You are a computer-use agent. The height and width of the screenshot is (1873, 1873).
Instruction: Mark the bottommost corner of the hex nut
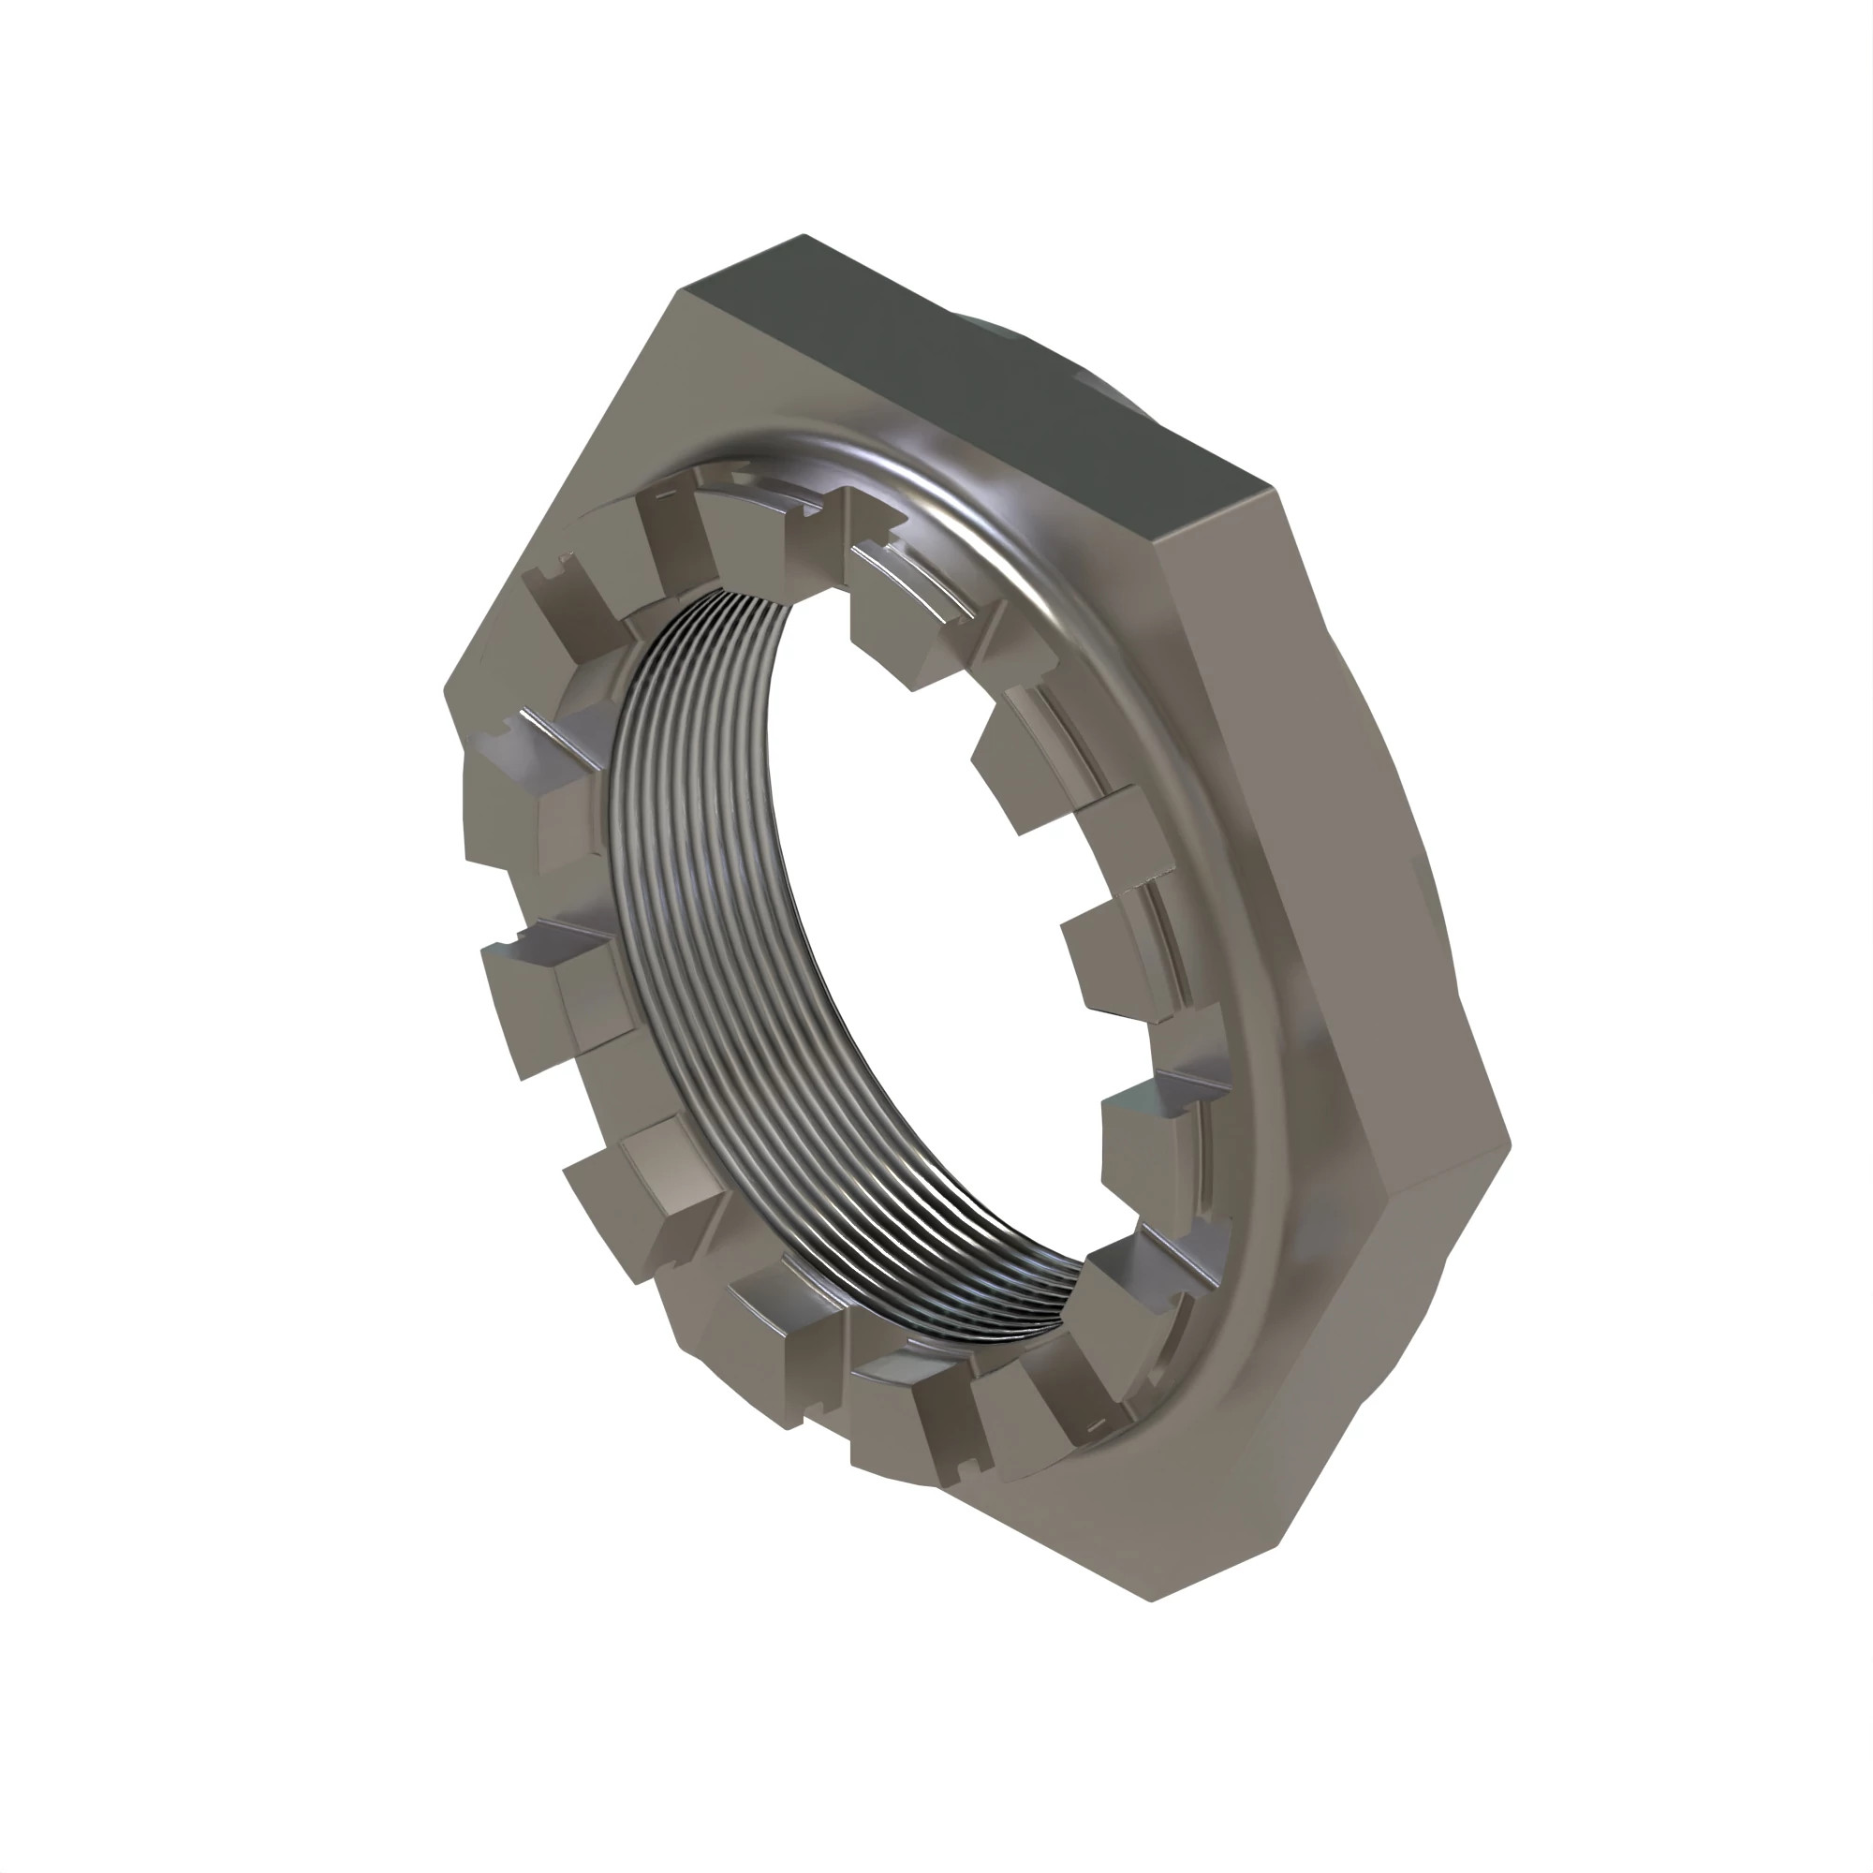pos(1151,1600)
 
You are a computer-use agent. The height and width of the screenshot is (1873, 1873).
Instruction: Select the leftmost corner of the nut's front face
pos(445,690)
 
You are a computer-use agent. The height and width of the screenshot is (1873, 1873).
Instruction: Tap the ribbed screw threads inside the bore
pos(679,873)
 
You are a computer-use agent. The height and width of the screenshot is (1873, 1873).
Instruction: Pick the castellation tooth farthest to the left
pos(504,804)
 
